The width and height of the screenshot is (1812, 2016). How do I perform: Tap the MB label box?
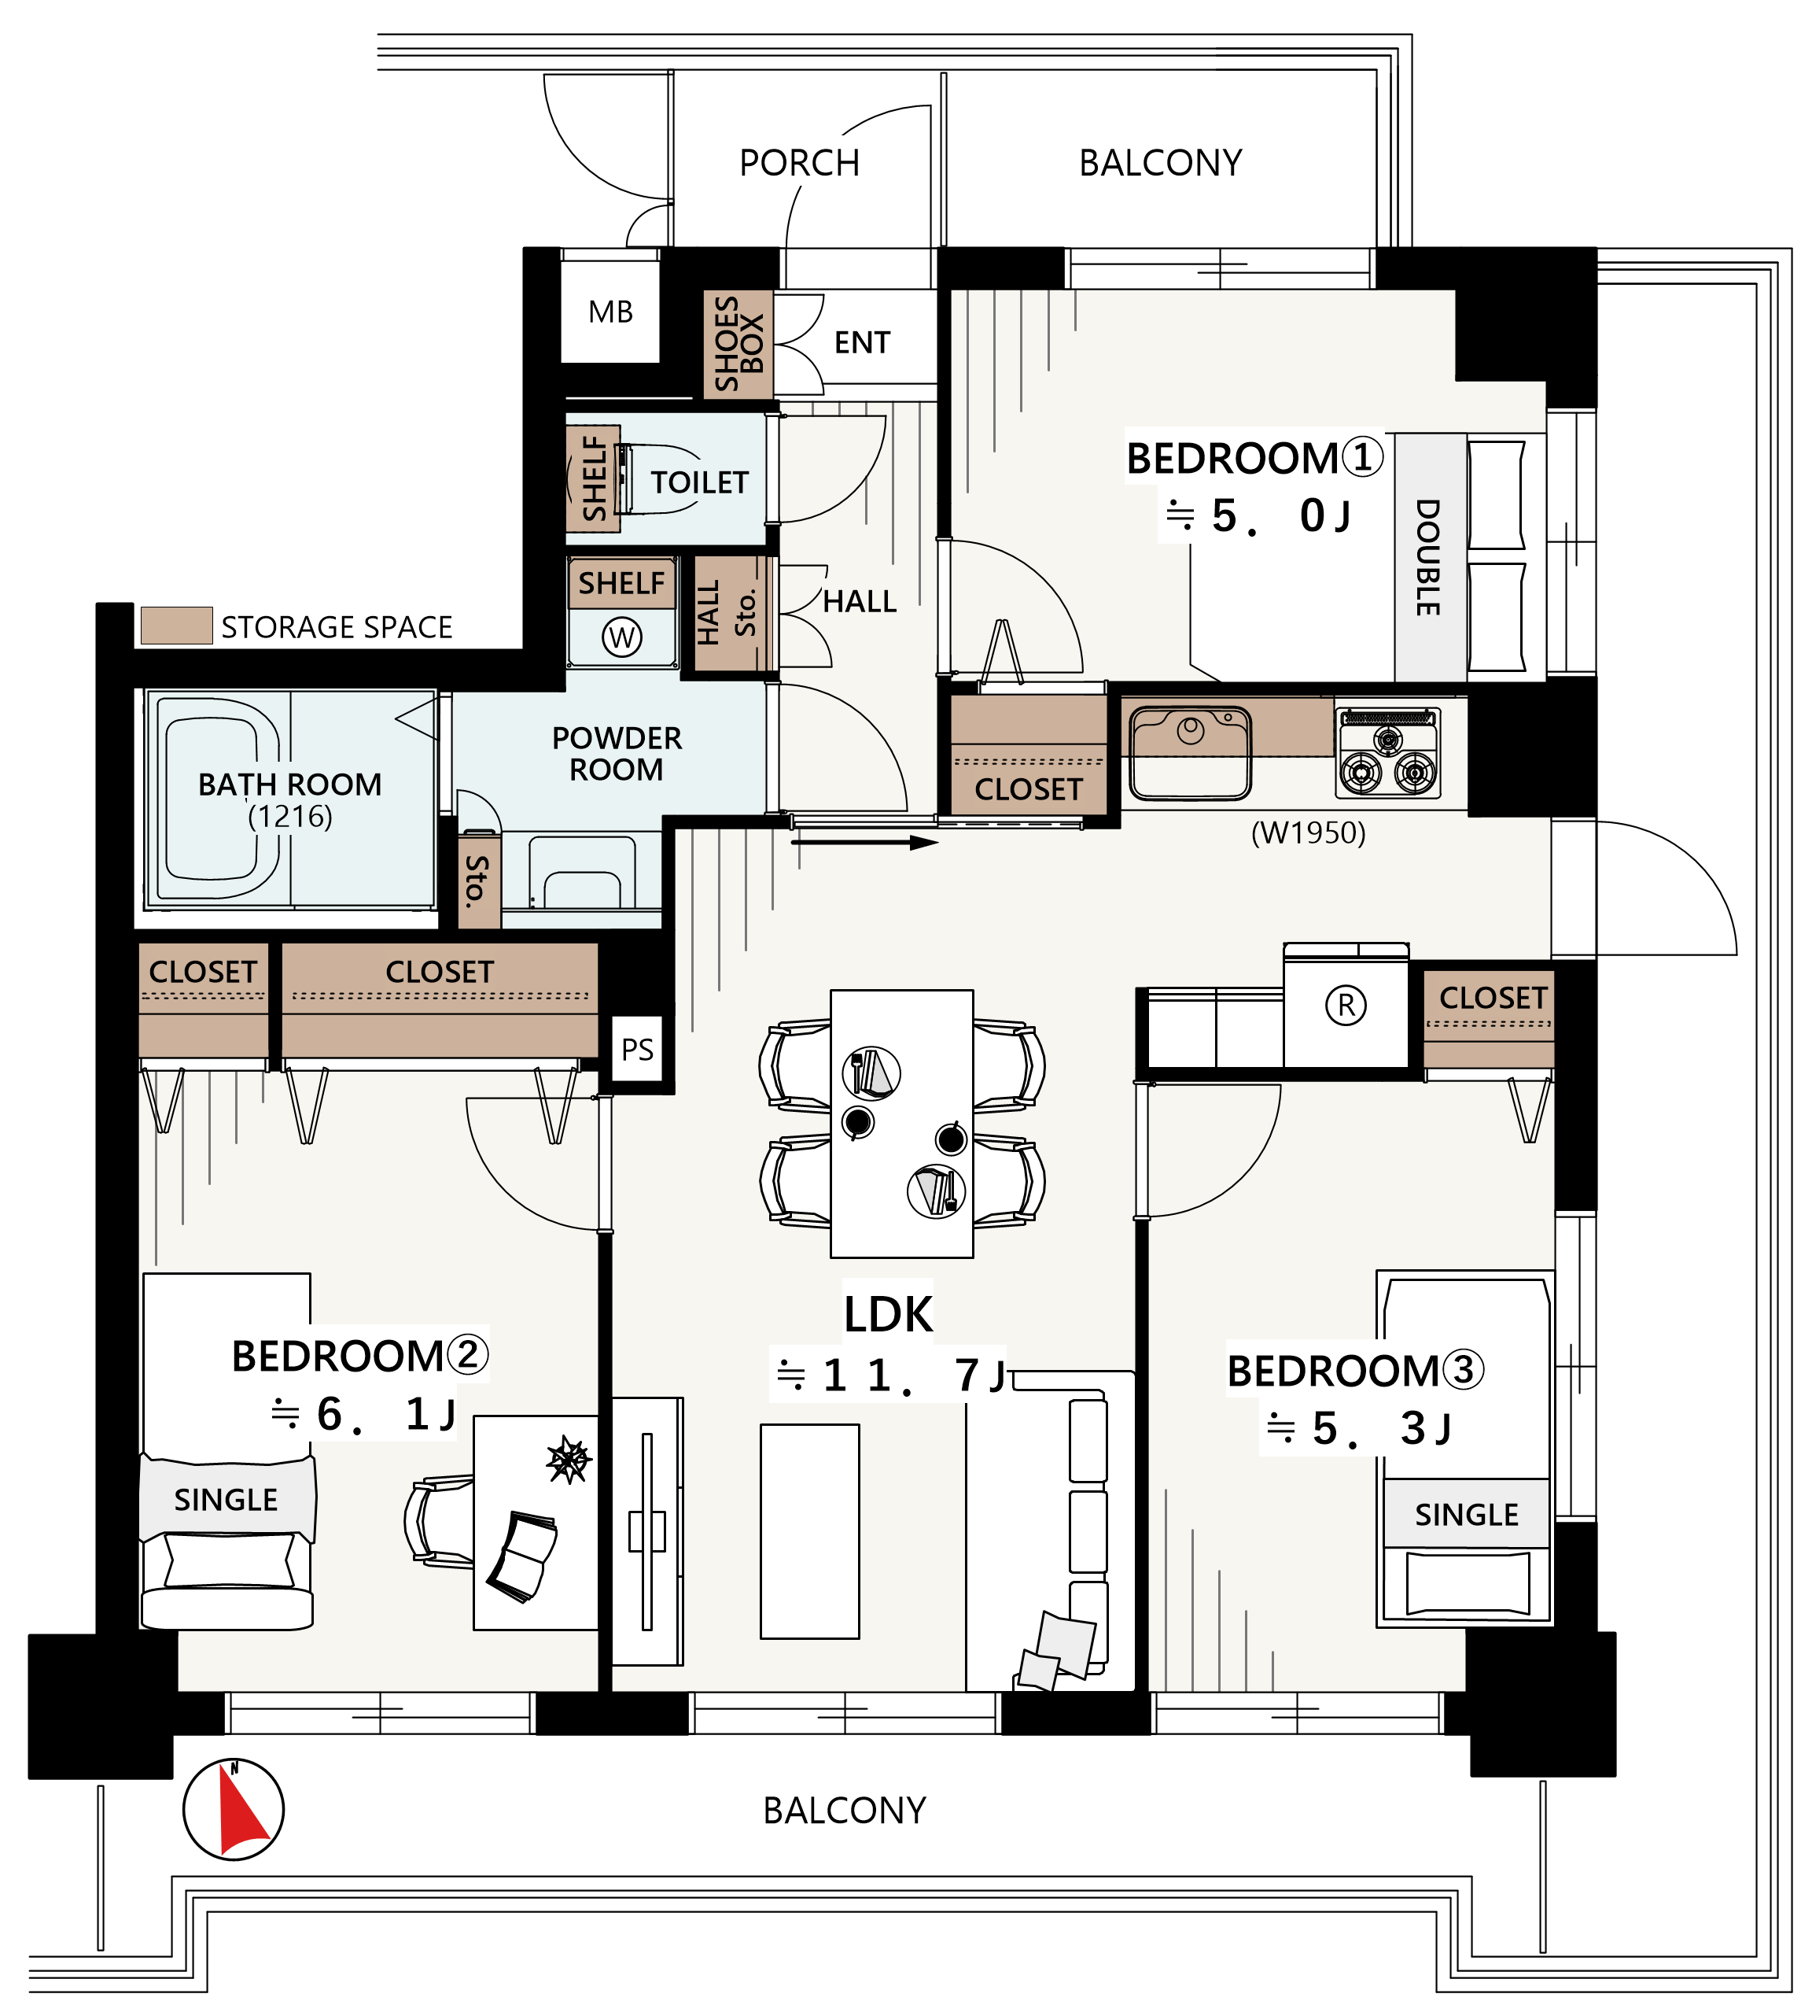click(x=610, y=312)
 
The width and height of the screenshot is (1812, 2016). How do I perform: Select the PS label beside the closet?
click(x=637, y=1049)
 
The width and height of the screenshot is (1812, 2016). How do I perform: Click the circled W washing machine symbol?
click(x=622, y=637)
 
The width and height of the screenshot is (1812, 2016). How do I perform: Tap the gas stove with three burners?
click(x=1388, y=752)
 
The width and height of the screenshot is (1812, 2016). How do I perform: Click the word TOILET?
click(x=699, y=483)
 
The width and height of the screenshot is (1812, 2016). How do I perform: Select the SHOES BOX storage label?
click(x=738, y=344)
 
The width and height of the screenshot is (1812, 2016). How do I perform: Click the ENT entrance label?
click(x=862, y=342)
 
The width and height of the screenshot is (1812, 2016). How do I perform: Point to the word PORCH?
click(x=800, y=162)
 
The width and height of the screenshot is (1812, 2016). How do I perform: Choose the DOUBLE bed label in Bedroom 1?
click(x=1429, y=557)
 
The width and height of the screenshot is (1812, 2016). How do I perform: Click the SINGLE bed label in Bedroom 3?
click(x=1467, y=1515)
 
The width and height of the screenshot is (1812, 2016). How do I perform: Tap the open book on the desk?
click(x=521, y=1556)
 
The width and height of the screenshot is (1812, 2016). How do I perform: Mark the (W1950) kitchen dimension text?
click(x=1308, y=832)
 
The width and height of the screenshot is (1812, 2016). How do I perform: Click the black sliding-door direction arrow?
click(x=865, y=843)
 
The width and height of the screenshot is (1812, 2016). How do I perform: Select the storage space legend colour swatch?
click(x=176, y=626)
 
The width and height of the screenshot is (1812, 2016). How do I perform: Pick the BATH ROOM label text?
click(x=289, y=785)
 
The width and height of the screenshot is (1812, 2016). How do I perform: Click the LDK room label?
click(x=888, y=1314)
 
